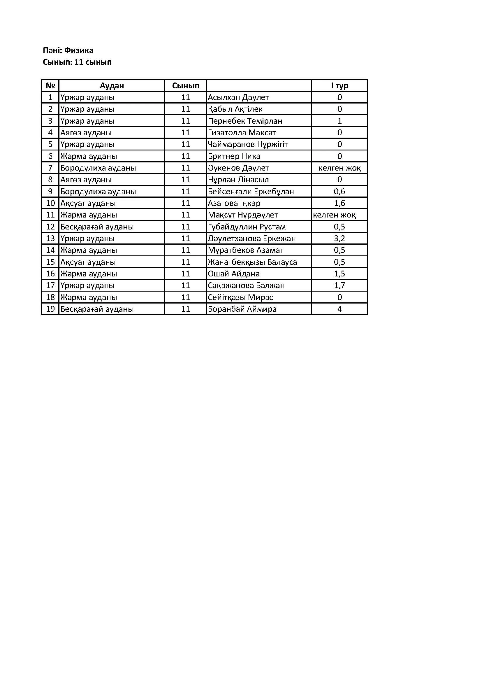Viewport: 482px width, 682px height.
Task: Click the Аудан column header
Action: click(112, 85)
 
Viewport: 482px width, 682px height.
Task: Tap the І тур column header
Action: click(339, 85)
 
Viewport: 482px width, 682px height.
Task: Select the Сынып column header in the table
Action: click(186, 85)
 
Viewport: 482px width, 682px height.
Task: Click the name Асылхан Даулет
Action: click(238, 97)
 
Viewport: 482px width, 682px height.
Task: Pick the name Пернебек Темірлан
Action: click(245, 121)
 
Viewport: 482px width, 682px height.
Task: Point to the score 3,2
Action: click(339, 239)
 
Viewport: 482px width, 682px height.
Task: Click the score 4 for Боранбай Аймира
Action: click(339, 309)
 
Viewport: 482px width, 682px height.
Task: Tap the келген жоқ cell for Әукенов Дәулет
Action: click(339, 168)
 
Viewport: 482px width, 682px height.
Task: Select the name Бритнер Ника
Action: click(234, 156)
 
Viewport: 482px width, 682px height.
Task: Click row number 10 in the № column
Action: click(50, 203)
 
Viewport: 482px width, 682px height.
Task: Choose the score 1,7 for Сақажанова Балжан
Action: click(339, 285)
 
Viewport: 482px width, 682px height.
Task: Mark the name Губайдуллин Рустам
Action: click(247, 227)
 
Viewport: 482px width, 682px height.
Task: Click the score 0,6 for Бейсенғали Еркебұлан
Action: click(339, 192)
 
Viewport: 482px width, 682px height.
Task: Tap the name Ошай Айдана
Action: click(234, 274)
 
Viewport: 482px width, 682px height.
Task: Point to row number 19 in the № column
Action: click(50, 309)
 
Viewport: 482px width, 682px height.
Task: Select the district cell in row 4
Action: click(86, 133)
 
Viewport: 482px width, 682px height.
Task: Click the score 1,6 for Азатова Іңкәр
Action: click(339, 203)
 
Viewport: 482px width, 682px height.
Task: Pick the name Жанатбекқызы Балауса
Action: click(252, 262)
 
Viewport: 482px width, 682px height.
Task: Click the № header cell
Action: click(50, 85)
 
